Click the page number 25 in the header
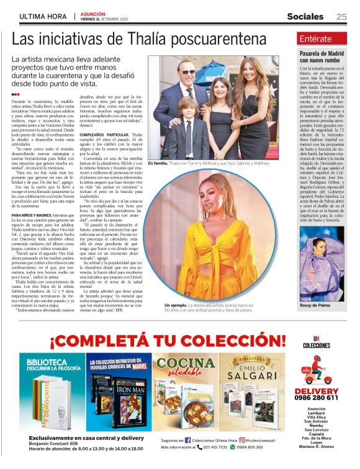(x=341, y=17)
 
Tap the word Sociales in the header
(x=305, y=17)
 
